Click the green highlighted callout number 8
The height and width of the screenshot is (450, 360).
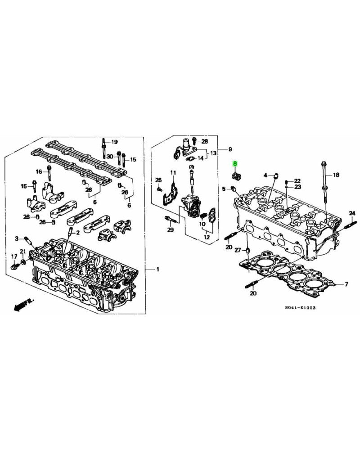pyautogui.click(x=234, y=164)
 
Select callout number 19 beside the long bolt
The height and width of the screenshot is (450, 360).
pyautogui.click(x=114, y=141)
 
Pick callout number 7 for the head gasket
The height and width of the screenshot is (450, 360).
pyautogui.click(x=346, y=284)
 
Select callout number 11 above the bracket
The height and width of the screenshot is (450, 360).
pyautogui.click(x=172, y=173)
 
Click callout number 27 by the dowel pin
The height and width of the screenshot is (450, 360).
pyautogui.click(x=238, y=251)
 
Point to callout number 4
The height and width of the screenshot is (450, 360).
pyautogui.click(x=265, y=175)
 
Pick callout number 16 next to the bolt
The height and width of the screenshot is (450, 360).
pyautogui.click(x=39, y=171)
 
